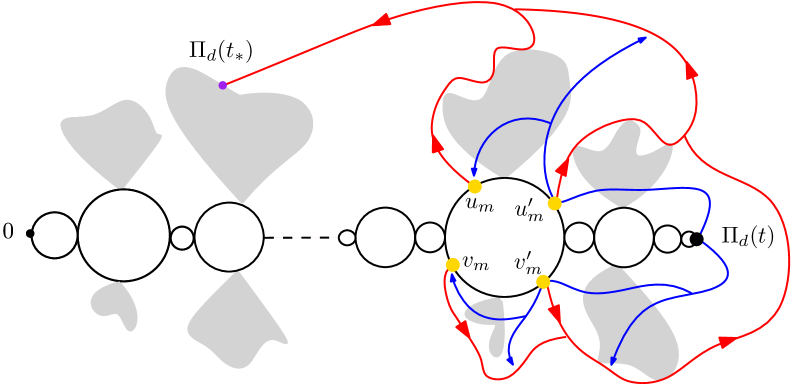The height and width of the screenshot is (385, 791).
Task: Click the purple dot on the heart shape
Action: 222,85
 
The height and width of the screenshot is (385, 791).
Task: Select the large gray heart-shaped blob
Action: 240,130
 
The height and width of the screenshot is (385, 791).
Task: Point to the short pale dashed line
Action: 305,237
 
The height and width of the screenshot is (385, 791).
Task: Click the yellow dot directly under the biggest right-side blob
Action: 474,186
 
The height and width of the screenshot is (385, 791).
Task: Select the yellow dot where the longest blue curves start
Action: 554,203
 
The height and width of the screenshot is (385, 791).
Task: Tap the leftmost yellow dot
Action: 453,264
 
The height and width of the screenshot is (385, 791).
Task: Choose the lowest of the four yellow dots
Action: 543,281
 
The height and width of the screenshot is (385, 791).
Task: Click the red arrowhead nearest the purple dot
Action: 382,19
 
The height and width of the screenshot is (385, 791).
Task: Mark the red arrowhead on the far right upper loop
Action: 691,71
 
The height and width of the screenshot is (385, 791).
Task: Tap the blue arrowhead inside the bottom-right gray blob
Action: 612,361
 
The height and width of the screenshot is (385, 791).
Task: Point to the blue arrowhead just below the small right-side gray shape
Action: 510,360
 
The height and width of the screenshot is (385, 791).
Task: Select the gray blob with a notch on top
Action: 622,165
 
